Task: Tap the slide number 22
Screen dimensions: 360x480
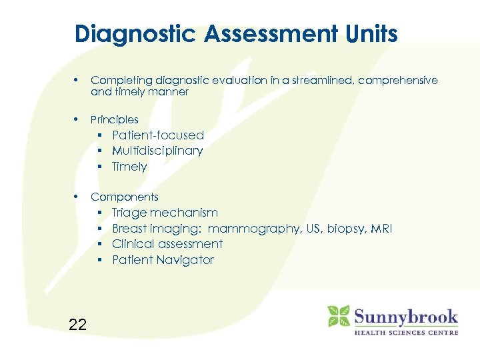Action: tap(77, 325)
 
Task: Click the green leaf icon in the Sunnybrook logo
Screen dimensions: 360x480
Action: tap(339, 316)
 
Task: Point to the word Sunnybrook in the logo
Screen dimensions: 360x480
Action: tap(405, 315)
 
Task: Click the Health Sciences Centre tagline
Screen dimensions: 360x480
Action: tap(405, 332)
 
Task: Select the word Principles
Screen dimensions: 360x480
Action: tap(115, 120)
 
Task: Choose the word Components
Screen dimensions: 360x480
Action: tap(125, 197)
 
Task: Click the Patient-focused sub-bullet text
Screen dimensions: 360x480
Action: tap(158, 135)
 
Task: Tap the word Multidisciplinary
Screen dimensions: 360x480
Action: tap(157, 151)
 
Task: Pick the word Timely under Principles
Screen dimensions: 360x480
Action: tap(129, 167)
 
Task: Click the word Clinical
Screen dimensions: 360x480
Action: tap(132, 244)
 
